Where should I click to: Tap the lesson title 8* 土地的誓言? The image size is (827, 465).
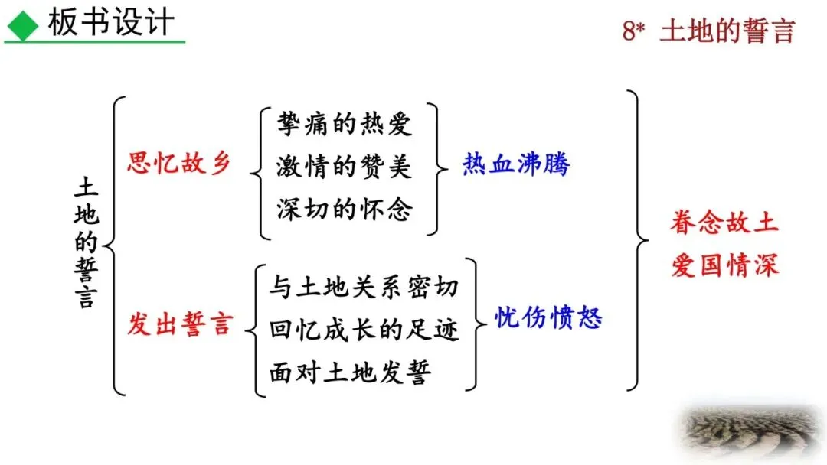pyautogui.click(x=708, y=31)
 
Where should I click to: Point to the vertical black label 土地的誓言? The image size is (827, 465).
pyautogui.click(x=86, y=243)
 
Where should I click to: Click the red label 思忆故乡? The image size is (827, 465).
pyautogui.click(x=178, y=164)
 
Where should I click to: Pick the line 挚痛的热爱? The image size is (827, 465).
pyautogui.click(x=345, y=124)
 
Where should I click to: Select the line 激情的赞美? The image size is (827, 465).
pyautogui.click(x=345, y=166)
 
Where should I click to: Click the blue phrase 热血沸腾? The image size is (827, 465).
pyautogui.click(x=516, y=164)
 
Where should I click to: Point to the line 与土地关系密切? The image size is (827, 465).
pyautogui.click(x=364, y=287)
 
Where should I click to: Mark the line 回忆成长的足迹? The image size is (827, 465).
pyautogui.click(x=364, y=330)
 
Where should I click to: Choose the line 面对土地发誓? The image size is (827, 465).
pyautogui.click(x=350, y=372)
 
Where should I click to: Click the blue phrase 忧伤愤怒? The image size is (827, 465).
pyautogui.click(x=548, y=317)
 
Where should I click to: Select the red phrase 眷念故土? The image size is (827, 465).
pyautogui.click(x=724, y=223)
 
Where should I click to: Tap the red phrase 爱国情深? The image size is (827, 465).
pyautogui.click(x=724, y=266)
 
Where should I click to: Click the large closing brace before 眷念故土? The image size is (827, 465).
pyautogui.click(x=637, y=241)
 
